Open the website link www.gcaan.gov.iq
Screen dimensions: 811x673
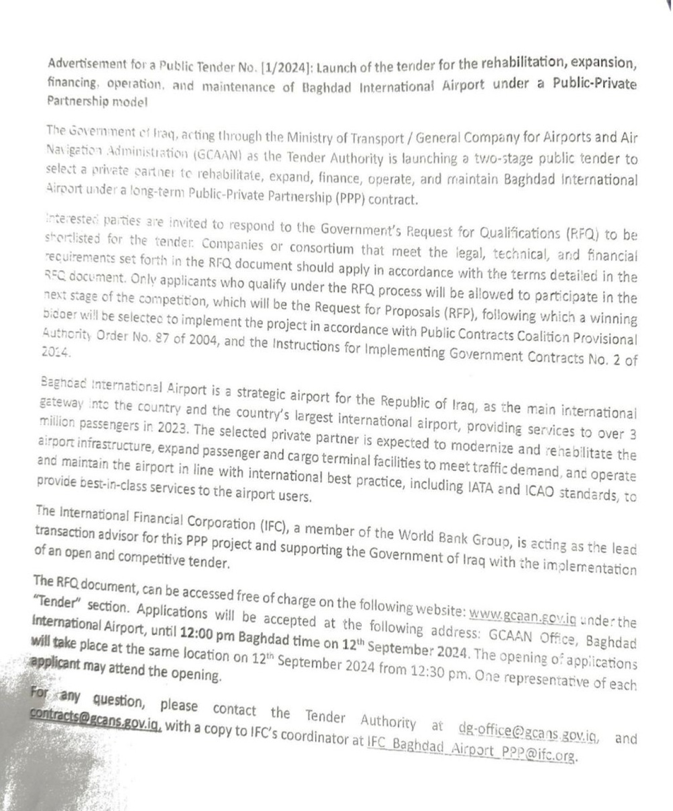point(522,614)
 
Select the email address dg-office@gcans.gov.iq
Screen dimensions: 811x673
point(527,731)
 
